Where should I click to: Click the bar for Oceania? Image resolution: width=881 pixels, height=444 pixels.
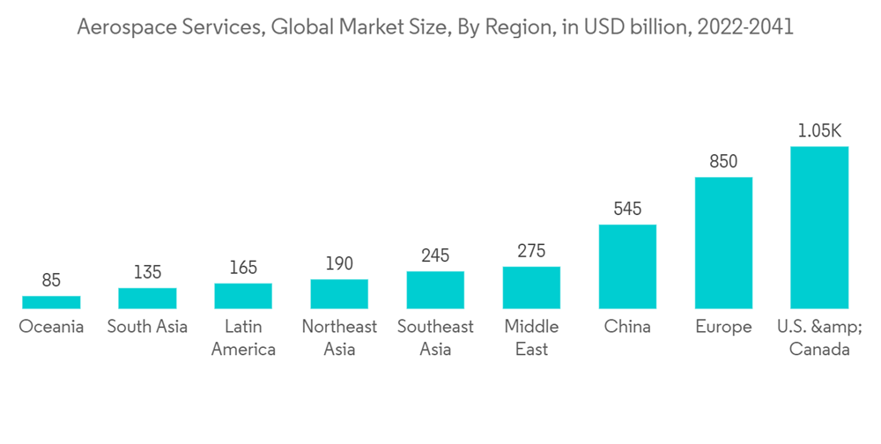(x=51, y=302)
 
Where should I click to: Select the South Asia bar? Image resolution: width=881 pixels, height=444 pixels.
(x=147, y=298)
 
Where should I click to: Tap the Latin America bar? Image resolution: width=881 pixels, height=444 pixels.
(x=243, y=296)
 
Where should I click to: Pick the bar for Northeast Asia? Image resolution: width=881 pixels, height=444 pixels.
(x=339, y=293)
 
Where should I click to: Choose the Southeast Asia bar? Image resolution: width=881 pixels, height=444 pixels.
(x=435, y=290)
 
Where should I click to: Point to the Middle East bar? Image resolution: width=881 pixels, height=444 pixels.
(x=531, y=287)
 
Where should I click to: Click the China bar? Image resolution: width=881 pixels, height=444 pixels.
(x=627, y=266)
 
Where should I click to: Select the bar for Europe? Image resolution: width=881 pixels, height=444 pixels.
(x=723, y=242)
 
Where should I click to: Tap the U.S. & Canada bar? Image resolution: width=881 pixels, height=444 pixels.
(x=819, y=227)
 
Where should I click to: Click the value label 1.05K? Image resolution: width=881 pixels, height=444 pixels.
(x=819, y=131)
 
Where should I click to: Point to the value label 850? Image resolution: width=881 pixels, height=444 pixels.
(x=723, y=162)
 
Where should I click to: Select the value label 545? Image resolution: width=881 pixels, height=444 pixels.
(x=627, y=210)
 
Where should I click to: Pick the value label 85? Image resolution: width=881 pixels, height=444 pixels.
(x=51, y=281)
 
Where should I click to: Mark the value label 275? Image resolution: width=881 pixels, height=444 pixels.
(x=531, y=251)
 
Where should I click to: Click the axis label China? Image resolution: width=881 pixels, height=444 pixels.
(x=627, y=327)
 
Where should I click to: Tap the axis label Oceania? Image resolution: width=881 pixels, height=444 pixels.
(x=51, y=327)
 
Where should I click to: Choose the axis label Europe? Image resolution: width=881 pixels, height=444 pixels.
(x=723, y=327)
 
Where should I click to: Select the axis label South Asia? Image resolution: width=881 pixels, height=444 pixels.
(x=147, y=327)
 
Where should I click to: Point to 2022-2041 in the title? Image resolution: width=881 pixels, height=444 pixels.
(x=745, y=28)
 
